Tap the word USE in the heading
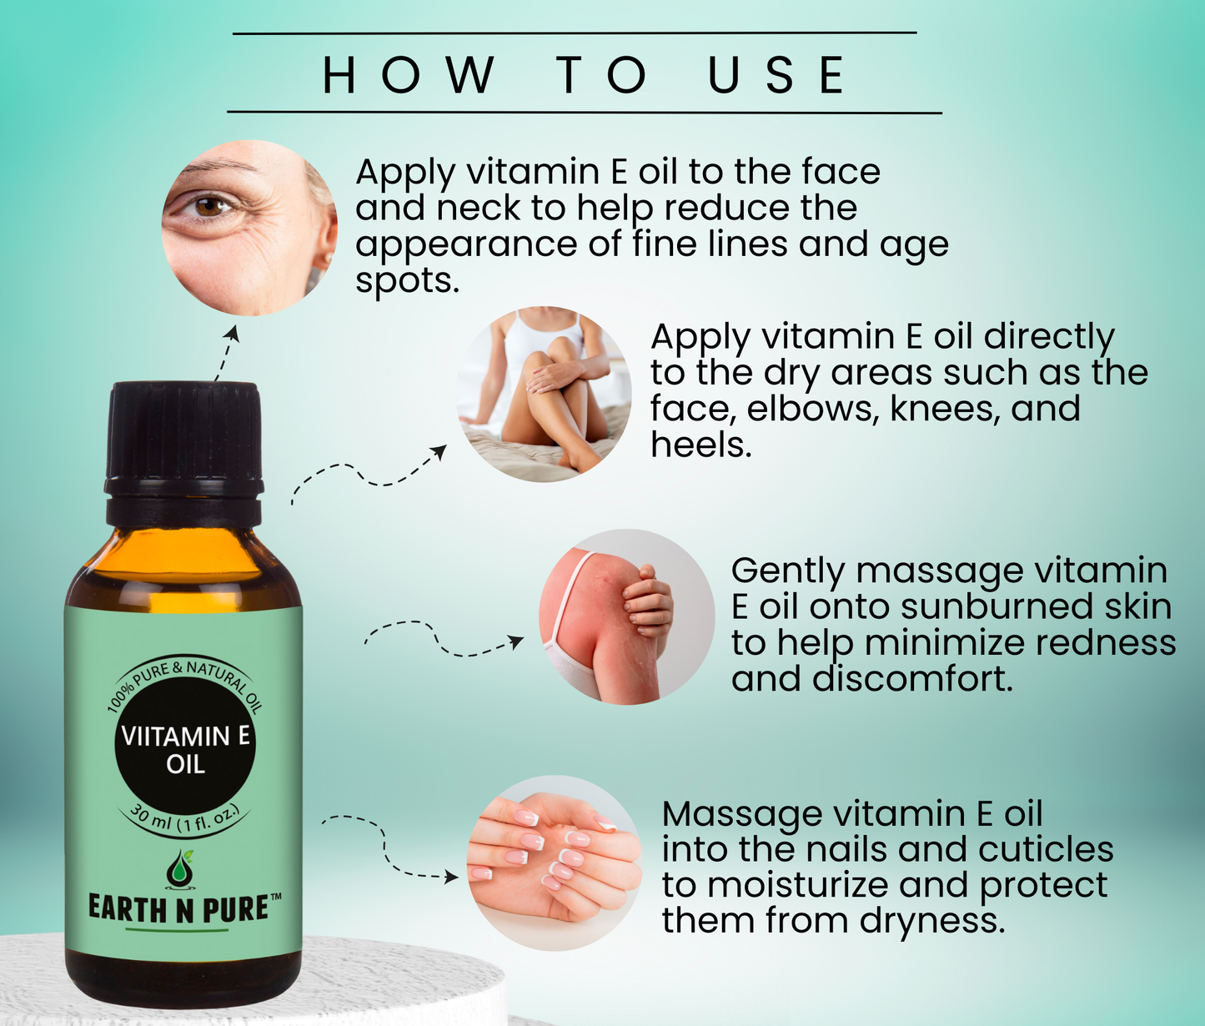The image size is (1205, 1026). pos(776,75)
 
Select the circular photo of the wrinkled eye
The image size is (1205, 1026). pos(249,228)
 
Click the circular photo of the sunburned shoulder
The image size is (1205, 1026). pos(627,616)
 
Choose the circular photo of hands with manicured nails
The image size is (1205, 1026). pos(555,863)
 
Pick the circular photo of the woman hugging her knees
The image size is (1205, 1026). pos(544,395)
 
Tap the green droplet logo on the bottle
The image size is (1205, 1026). pos(181,869)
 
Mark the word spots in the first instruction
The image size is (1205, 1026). pos(407,282)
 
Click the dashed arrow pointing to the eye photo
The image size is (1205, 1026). pos(227,353)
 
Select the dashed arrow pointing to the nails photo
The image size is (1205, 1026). pos(384,846)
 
